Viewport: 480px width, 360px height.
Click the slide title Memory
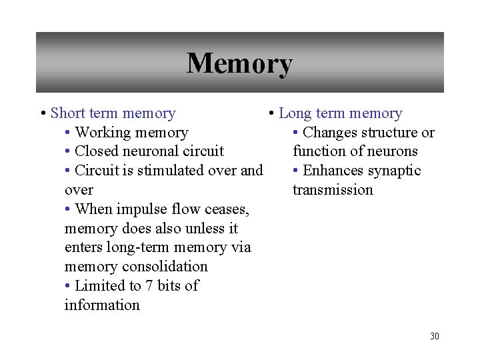[239, 64]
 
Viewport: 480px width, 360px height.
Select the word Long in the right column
[294, 114]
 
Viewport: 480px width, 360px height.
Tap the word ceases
[229, 209]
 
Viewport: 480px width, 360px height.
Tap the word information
[102, 305]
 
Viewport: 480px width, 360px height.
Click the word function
[316, 151]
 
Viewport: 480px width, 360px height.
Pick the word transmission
[333, 190]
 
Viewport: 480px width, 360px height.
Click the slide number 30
[435, 336]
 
